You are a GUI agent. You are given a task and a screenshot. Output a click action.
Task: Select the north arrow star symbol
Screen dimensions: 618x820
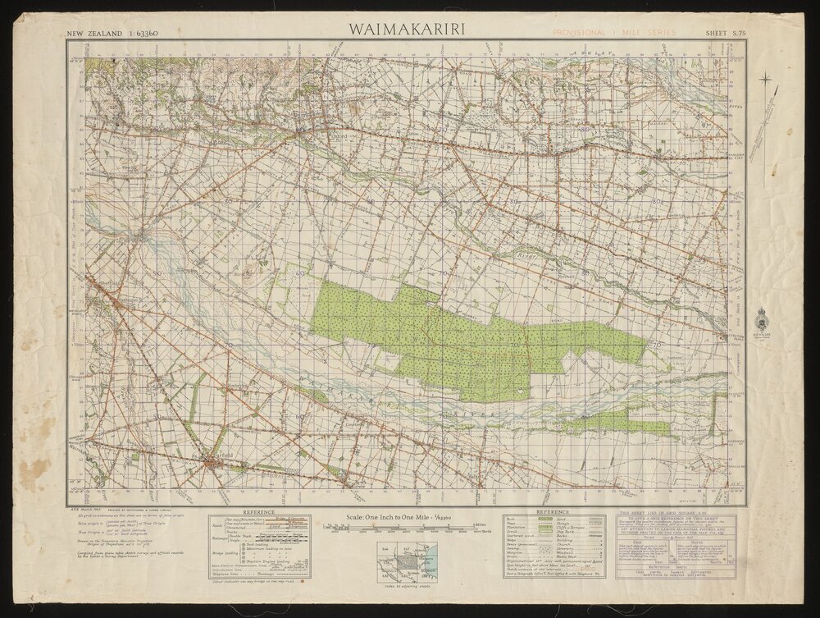pos(766,80)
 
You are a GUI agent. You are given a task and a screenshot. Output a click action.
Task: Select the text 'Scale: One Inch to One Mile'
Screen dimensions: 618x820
pos(403,517)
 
